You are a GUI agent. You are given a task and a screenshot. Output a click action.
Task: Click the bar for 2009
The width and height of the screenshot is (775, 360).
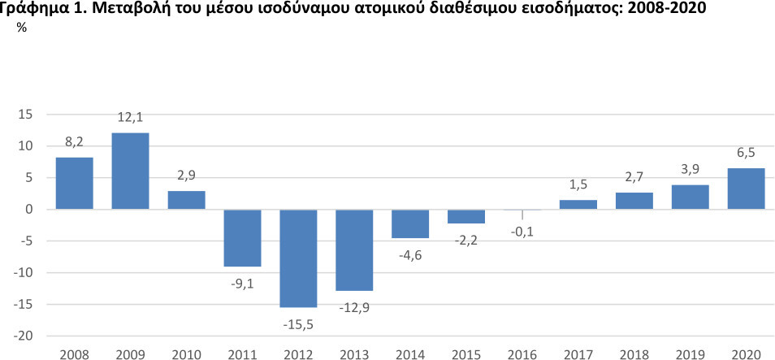tap(130, 171)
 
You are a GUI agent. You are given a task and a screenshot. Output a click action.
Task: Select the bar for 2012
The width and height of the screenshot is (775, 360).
tap(298, 258)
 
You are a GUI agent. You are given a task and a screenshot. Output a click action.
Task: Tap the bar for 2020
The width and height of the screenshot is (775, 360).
tap(746, 189)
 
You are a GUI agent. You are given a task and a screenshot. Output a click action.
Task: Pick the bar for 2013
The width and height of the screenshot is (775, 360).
tap(354, 249)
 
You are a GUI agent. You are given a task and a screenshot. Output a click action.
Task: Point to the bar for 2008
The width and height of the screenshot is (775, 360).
tap(74, 183)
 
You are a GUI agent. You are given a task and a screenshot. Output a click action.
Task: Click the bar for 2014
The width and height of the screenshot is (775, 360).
tap(410, 223)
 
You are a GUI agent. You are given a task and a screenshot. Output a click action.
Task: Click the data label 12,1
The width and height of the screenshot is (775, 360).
tap(130, 119)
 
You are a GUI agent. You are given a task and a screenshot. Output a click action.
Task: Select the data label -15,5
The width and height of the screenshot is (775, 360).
tap(298, 323)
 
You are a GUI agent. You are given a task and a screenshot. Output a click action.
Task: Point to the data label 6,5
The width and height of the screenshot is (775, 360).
tap(746, 154)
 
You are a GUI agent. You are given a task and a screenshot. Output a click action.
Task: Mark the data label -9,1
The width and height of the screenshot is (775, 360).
tap(242, 283)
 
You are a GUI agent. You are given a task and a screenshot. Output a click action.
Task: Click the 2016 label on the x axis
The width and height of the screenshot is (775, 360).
tap(522, 354)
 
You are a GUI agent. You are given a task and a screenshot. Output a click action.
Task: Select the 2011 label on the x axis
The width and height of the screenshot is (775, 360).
tap(242, 354)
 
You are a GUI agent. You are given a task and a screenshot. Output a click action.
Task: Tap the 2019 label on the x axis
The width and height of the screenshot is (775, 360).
tap(690, 354)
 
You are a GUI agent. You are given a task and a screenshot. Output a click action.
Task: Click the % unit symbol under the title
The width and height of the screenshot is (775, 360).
tap(22, 28)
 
